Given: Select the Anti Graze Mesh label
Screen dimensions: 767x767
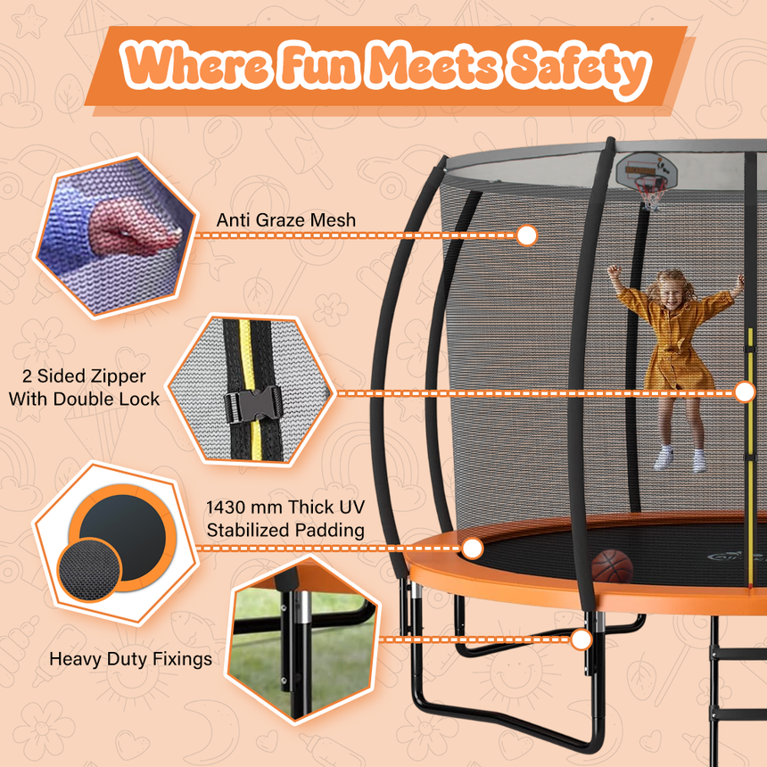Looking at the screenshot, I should [285, 219].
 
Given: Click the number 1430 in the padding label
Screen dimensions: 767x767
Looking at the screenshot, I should [229, 507].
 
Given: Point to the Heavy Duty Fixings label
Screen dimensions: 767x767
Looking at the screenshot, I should [130, 659].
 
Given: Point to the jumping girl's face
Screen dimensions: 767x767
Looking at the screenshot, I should [671, 290].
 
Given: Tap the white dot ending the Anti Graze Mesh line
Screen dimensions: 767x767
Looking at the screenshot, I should [527, 235].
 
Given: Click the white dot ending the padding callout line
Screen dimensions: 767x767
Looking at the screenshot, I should [473, 548].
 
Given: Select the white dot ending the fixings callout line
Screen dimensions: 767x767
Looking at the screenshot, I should [581, 639].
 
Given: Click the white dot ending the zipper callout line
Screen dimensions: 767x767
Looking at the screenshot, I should [746, 392].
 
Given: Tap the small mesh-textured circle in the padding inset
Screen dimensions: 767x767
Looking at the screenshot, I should [89, 568].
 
